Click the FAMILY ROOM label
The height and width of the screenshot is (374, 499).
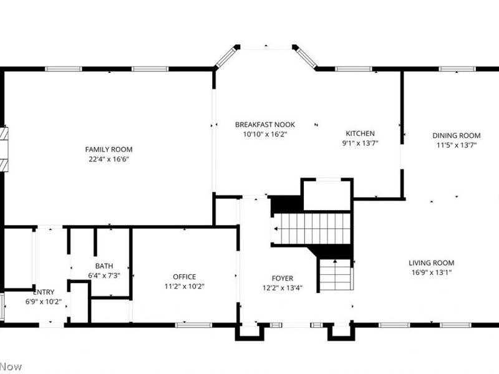109,149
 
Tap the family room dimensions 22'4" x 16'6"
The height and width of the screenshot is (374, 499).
109,159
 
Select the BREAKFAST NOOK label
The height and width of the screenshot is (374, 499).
264,124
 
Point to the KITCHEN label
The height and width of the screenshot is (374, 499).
361,133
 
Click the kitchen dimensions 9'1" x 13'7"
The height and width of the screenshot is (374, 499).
361,143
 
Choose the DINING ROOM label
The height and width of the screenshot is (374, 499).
457,135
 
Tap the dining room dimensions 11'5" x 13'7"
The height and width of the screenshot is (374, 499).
457,145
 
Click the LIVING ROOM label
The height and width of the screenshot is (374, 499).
431,262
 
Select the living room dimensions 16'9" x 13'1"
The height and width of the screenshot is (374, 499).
431,272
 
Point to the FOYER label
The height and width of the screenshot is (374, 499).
282,278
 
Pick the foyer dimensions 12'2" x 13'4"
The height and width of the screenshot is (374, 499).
282,288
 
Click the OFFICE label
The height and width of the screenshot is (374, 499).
184,277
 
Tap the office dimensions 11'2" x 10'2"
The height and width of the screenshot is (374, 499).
184,287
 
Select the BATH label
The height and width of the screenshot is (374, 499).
104,266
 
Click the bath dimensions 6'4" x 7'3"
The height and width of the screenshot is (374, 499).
104,275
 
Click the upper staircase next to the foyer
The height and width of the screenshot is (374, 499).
312,229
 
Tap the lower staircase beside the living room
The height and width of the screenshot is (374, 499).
336,275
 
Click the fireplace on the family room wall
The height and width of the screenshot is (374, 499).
5,149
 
